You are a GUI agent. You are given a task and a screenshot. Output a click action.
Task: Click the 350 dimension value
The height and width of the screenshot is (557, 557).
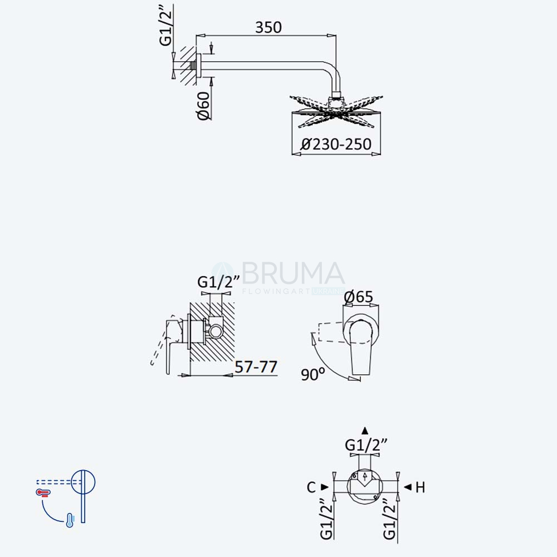click(x=268, y=27)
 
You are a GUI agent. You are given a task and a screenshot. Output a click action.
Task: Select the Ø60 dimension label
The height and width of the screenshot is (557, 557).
click(x=204, y=105)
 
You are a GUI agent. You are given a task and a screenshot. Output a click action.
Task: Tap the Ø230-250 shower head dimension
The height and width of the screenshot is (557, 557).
click(x=336, y=144)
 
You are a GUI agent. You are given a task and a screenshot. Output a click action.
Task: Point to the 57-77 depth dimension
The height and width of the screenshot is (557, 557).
click(x=256, y=367)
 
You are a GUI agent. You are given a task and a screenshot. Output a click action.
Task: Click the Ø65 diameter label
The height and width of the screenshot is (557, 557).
click(x=358, y=297)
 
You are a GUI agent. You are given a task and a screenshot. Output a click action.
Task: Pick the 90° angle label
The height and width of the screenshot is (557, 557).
click(x=312, y=374)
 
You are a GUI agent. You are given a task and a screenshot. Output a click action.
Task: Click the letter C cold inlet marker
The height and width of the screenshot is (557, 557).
click(x=311, y=487)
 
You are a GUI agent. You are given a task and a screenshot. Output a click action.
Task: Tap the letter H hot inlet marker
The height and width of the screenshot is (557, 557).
click(x=420, y=487)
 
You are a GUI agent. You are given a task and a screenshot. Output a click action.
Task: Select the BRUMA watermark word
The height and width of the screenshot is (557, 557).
click(x=293, y=273)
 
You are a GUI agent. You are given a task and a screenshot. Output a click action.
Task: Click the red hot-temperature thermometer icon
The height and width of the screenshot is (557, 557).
click(x=43, y=493)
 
